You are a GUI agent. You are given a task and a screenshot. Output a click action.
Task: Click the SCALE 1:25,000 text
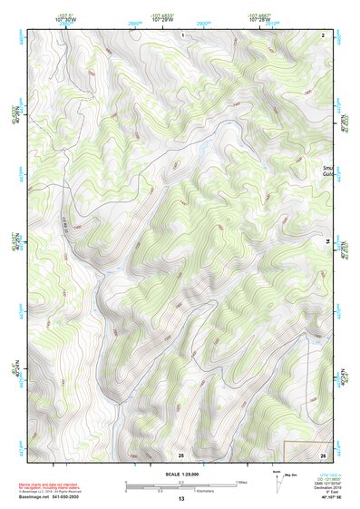click(x=180, y=475)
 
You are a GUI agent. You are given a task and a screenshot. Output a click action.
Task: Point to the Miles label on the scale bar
click(x=242, y=481)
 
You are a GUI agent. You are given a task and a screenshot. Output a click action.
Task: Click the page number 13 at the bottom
click(x=180, y=500)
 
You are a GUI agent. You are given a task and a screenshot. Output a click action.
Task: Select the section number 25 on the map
click(x=180, y=454)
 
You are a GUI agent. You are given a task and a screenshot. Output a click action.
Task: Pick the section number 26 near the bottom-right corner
click(x=324, y=454)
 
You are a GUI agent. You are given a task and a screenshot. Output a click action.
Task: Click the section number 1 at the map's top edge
click(x=182, y=34)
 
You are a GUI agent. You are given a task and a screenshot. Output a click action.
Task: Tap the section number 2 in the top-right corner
click(x=324, y=34)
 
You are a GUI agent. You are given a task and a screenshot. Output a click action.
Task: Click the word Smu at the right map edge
click(x=327, y=169)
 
